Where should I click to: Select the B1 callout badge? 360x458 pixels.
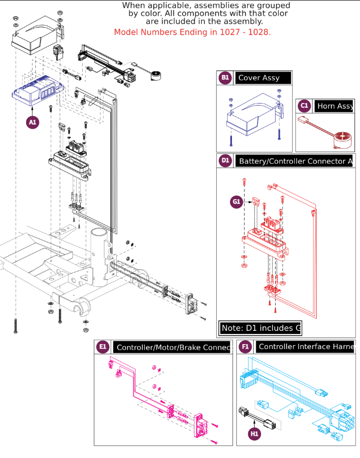pyautogui.click(x=225, y=77)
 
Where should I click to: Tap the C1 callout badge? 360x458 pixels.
pyautogui.click(x=304, y=106)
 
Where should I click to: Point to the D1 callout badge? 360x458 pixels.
pyautogui.click(x=225, y=160)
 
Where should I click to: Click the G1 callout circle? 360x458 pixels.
pyautogui.click(x=236, y=201)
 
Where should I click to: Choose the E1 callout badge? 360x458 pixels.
pyautogui.click(x=102, y=347)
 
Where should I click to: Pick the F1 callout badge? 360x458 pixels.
pyautogui.click(x=245, y=347)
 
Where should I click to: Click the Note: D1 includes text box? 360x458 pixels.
pyautogui.click(x=260, y=328)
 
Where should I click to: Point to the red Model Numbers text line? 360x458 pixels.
pyautogui.click(x=192, y=33)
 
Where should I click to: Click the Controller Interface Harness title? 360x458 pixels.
pyautogui.click(x=305, y=347)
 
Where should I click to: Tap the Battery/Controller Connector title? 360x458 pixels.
pyautogui.click(x=295, y=161)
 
